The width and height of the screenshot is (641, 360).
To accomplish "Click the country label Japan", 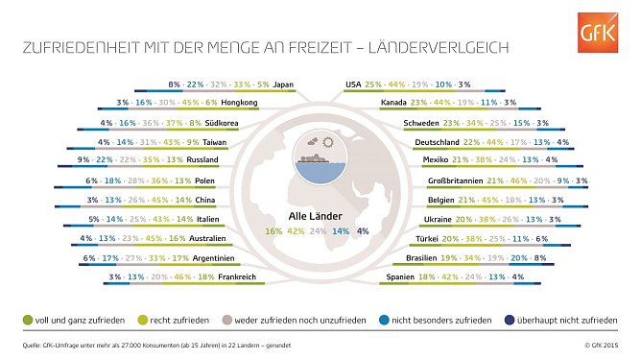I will click(283, 84).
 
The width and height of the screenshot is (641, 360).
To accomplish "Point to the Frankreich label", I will click(253, 276).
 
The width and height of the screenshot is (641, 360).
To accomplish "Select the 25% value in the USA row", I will click(374, 84).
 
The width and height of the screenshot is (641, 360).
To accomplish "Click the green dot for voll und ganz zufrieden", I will click(25, 318).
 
